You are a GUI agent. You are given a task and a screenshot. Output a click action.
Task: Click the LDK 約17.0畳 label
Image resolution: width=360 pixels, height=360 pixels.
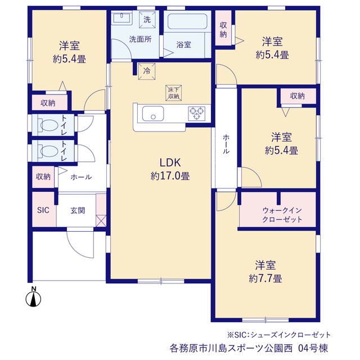[170, 169]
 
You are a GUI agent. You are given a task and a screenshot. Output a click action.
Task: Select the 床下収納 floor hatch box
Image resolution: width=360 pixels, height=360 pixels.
[174, 93]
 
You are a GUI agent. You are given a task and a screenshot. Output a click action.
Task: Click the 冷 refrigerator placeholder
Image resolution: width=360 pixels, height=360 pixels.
[147, 71]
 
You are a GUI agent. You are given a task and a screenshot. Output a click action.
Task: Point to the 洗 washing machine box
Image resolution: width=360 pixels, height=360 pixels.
[147, 20]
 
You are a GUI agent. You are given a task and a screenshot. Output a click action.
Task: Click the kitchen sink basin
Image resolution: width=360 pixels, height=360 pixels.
[153, 114]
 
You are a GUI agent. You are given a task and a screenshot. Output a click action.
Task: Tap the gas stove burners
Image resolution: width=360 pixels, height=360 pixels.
[196, 114]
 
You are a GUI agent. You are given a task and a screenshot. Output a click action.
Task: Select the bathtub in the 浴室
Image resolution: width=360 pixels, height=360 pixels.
[187, 21]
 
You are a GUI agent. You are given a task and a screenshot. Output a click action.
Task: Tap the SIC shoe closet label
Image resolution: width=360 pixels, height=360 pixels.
[43, 210]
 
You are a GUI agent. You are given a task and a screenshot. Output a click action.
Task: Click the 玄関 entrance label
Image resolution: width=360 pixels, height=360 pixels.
[78, 210]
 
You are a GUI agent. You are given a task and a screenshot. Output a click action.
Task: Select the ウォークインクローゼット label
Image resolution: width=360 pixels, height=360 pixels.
[282, 215]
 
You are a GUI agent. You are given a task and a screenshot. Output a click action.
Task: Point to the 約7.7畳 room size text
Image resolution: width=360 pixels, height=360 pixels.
[265, 279]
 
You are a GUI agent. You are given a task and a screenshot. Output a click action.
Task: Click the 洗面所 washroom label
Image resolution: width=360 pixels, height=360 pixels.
[140, 39]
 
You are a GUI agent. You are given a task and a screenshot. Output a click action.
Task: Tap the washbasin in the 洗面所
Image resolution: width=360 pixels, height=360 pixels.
[121, 17]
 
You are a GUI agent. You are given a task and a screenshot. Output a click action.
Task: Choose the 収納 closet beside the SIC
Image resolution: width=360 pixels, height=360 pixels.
[43, 177]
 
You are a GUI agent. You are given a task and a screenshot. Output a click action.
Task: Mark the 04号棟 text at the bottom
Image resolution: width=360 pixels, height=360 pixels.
[313, 348]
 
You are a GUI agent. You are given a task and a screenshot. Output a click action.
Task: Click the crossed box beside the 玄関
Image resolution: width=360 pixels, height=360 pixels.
[101, 221]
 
